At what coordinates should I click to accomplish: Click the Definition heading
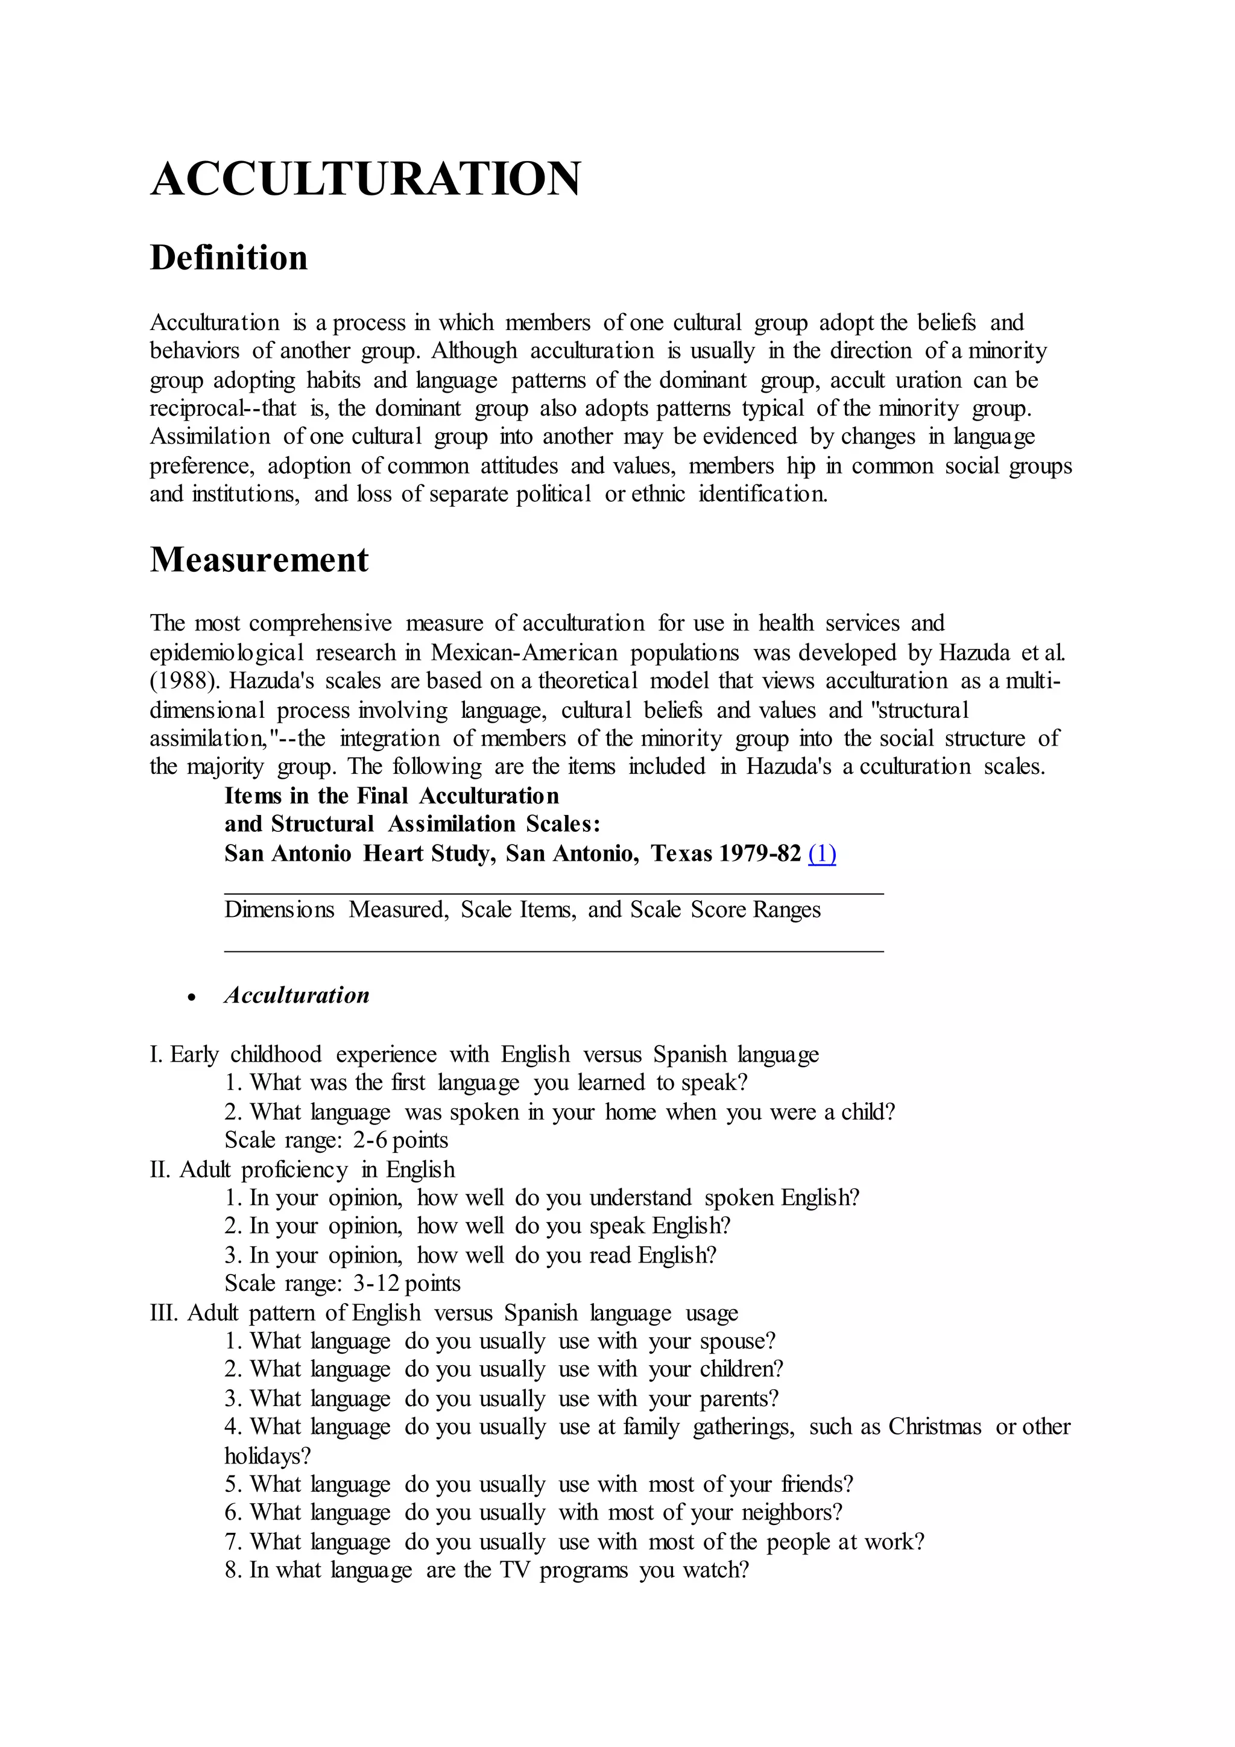[x=229, y=258]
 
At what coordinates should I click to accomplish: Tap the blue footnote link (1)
[x=822, y=854]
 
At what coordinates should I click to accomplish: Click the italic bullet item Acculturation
[x=297, y=995]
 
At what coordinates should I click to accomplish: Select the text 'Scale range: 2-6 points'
[x=336, y=1140]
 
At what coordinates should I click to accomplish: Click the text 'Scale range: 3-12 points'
[x=342, y=1284]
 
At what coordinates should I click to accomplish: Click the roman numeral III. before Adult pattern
[x=165, y=1313]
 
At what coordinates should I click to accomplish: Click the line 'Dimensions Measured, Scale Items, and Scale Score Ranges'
[x=522, y=910]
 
